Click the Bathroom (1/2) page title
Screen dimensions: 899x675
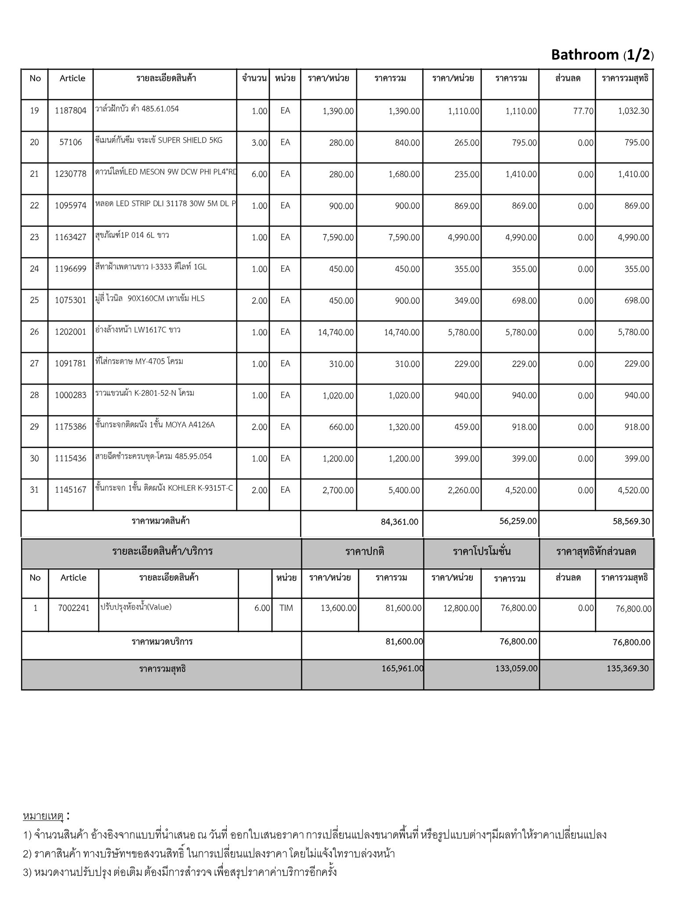602,55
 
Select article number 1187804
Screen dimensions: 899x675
70,111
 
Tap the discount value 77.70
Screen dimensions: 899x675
583,111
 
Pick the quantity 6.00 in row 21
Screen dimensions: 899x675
259,174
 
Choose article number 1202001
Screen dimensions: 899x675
70,332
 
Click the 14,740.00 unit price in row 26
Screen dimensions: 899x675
336,332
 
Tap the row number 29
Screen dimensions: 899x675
34,427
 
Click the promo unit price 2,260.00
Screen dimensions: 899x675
463,490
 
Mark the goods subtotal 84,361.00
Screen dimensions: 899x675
399,522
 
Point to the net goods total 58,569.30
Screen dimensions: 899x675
631,521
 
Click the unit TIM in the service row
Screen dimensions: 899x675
286,608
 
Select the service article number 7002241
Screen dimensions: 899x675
73,608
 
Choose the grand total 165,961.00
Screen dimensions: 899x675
402,669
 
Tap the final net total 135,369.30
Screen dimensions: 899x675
627,669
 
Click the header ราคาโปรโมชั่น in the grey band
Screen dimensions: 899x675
482,552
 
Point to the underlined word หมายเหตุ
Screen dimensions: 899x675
43,816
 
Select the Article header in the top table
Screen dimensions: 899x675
73,79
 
